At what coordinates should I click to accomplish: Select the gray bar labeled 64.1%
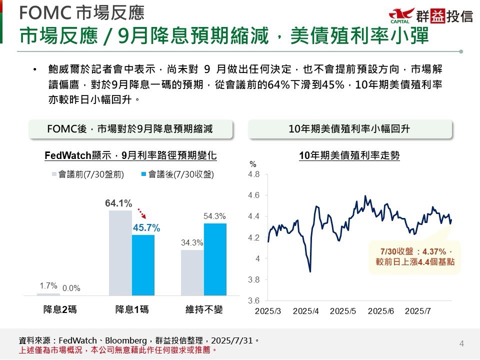pos(120,252)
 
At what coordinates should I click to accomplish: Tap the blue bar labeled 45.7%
pos(143,265)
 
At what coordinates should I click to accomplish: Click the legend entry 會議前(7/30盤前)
pos(87,174)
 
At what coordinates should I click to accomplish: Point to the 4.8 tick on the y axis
pos(254,174)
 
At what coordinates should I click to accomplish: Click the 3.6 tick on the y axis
pos(254,301)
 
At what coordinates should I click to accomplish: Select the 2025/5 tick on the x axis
pos(343,311)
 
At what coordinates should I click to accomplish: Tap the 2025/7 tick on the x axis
pos(418,311)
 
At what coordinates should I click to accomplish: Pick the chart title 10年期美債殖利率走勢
pos(349,156)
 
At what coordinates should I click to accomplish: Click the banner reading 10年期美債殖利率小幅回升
pos(349,129)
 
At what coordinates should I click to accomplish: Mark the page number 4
pos(461,343)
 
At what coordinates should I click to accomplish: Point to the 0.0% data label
pos(71,288)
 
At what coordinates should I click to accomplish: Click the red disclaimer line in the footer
pos(118,349)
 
